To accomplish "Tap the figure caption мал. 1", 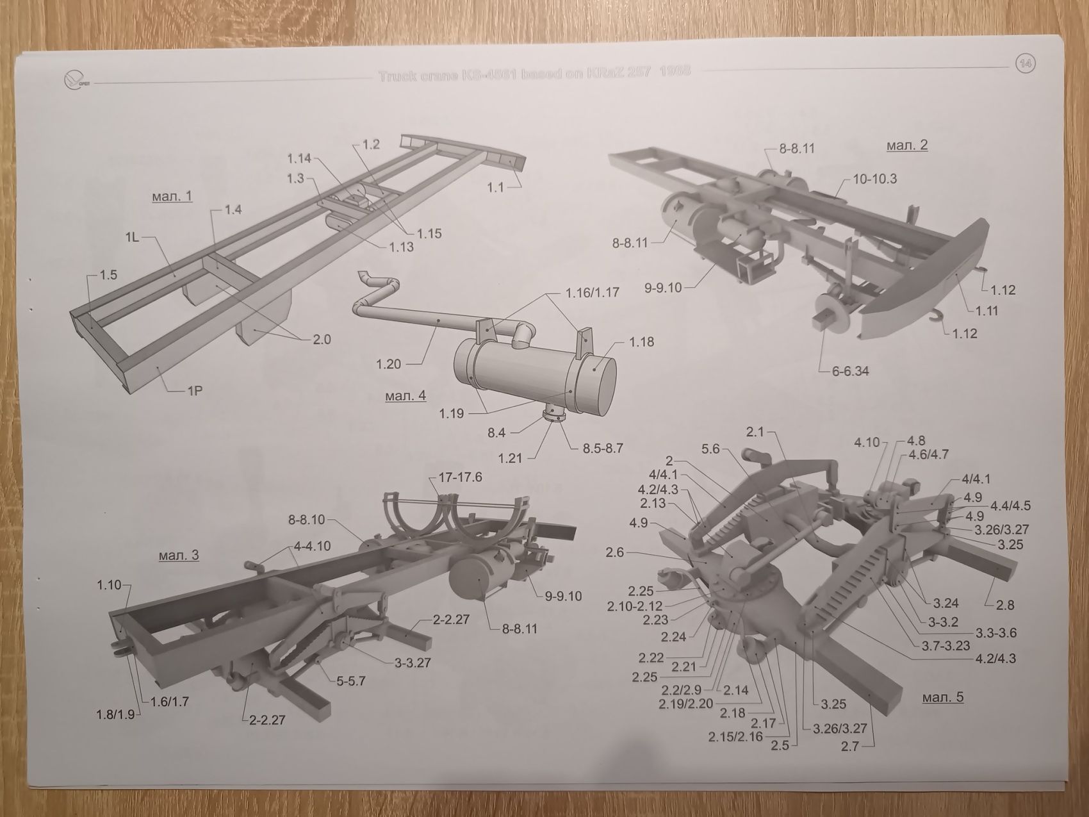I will pyautogui.click(x=172, y=196).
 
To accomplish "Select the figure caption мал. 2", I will pyautogui.click(x=906, y=145).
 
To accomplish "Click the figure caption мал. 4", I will pyautogui.click(x=405, y=395).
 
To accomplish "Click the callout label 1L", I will pyautogui.click(x=132, y=237).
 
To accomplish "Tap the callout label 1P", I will pyautogui.click(x=195, y=389).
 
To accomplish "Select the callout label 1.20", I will pyautogui.click(x=389, y=364).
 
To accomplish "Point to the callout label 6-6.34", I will pyautogui.click(x=850, y=370).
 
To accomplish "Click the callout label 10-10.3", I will pyautogui.click(x=874, y=179).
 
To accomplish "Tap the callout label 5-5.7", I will pyautogui.click(x=351, y=681).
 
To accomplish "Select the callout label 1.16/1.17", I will pyautogui.click(x=592, y=292).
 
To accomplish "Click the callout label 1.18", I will pyautogui.click(x=641, y=342).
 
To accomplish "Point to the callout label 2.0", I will pyautogui.click(x=322, y=339).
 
